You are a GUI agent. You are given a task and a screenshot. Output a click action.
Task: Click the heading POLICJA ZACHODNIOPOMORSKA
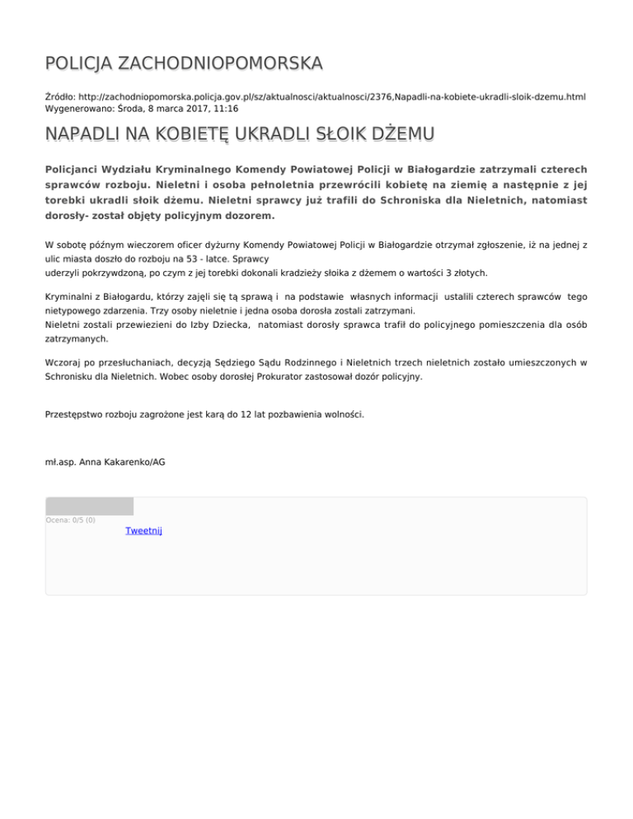(x=184, y=63)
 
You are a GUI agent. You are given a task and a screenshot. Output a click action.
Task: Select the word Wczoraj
(x=64, y=362)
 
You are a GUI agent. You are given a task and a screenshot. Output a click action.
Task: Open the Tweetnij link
(x=143, y=531)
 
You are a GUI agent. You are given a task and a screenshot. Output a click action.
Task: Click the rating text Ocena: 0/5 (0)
(x=70, y=520)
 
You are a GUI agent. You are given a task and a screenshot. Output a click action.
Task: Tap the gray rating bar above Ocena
(x=89, y=506)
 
